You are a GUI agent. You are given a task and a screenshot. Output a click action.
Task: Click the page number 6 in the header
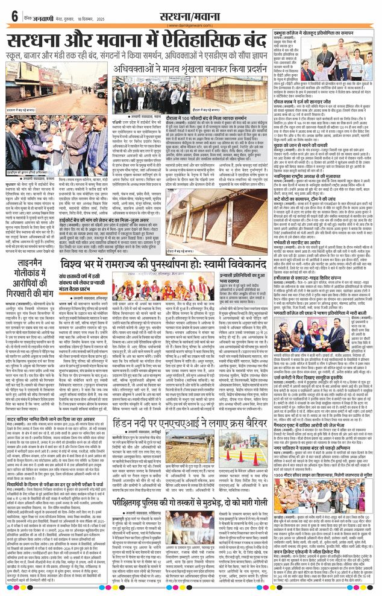click(14, 16)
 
